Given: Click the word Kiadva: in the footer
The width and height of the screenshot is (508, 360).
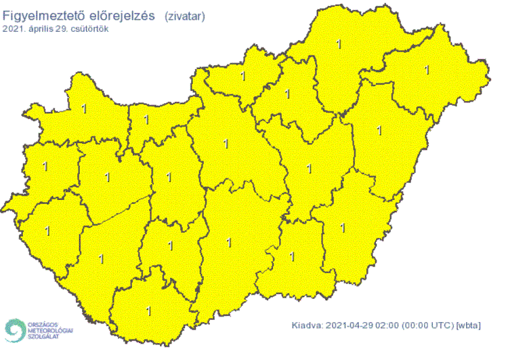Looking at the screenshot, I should click(x=308, y=325).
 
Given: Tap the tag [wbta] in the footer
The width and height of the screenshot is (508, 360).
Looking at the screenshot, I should click(x=469, y=325).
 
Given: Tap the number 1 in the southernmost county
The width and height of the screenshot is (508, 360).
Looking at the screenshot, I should click(x=149, y=311).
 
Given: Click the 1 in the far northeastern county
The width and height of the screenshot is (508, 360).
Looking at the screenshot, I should click(x=427, y=69).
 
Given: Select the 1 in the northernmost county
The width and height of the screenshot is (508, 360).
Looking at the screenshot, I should click(x=339, y=45).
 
